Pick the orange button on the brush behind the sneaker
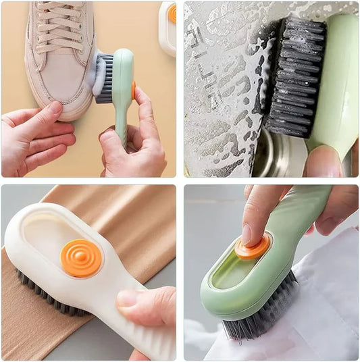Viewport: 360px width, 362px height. point(172,13)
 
